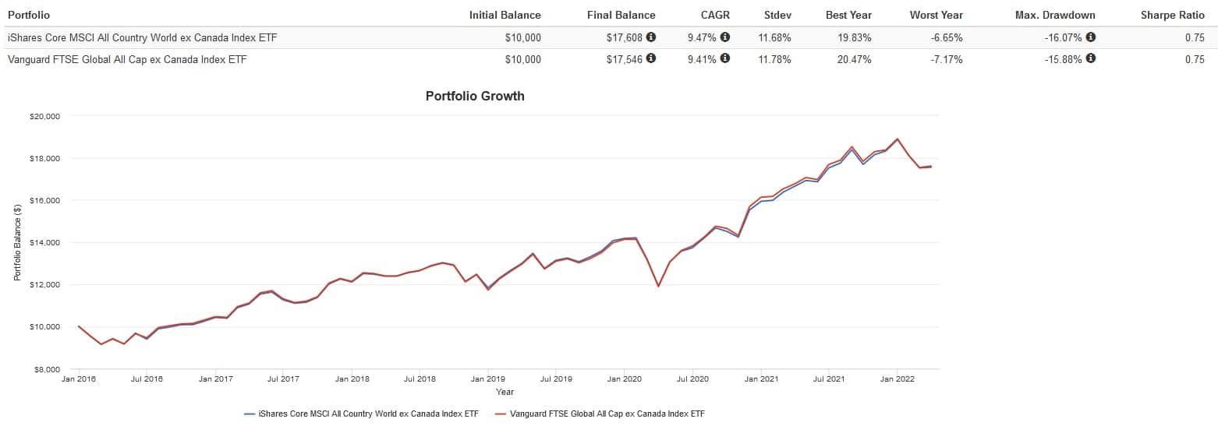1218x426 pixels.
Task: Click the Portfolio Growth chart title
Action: (475, 97)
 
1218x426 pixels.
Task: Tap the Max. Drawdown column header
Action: (1055, 15)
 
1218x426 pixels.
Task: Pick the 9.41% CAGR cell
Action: (701, 59)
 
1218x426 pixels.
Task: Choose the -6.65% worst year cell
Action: (946, 37)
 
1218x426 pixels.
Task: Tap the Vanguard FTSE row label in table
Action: (127, 59)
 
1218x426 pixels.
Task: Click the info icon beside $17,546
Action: (651, 58)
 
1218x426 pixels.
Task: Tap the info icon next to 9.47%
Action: (725, 37)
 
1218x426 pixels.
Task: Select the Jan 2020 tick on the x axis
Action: (624, 379)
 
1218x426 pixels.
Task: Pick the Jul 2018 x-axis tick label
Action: (420, 379)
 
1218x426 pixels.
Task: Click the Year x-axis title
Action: (505, 392)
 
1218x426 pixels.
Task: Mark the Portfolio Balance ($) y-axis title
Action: (17, 242)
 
